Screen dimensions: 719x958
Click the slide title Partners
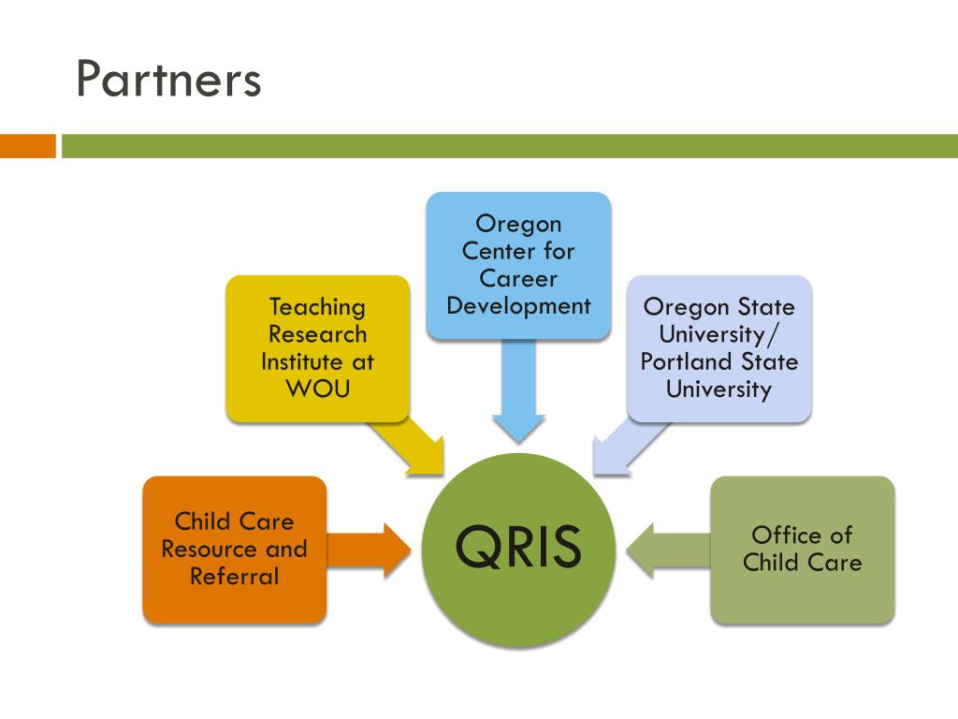(168, 80)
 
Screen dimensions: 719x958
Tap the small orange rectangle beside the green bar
(28, 146)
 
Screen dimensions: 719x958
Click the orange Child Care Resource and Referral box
(234, 550)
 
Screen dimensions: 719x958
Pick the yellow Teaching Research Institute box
(317, 347)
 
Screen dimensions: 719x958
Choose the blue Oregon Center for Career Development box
(518, 265)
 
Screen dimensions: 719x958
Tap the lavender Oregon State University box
(718, 347)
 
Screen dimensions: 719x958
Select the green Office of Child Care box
(802, 550)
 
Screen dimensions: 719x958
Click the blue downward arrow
(518, 393)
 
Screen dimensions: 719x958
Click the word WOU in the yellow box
(317, 388)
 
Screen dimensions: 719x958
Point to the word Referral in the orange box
(234, 576)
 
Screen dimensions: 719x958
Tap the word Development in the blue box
(518, 305)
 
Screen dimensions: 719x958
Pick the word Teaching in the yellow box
(317, 307)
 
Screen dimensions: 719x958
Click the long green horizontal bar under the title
(510, 146)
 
